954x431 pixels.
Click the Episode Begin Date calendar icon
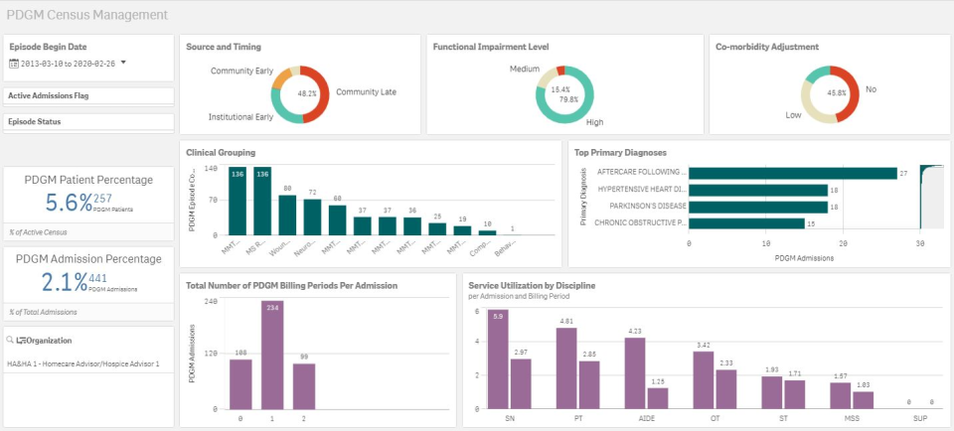click(14, 63)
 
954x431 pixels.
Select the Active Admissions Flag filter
click(48, 96)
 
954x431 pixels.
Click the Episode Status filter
click(34, 121)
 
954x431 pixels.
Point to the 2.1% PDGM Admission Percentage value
click(67, 282)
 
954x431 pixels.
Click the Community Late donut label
click(366, 92)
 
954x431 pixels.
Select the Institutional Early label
click(240, 117)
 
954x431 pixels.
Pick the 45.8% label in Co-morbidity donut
click(836, 93)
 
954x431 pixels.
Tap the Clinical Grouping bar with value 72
click(312, 216)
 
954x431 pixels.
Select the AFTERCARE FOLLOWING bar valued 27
click(792, 172)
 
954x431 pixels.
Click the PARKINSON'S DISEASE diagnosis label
click(641, 207)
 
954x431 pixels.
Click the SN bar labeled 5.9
click(500, 362)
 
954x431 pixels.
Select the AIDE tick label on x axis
click(647, 419)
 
